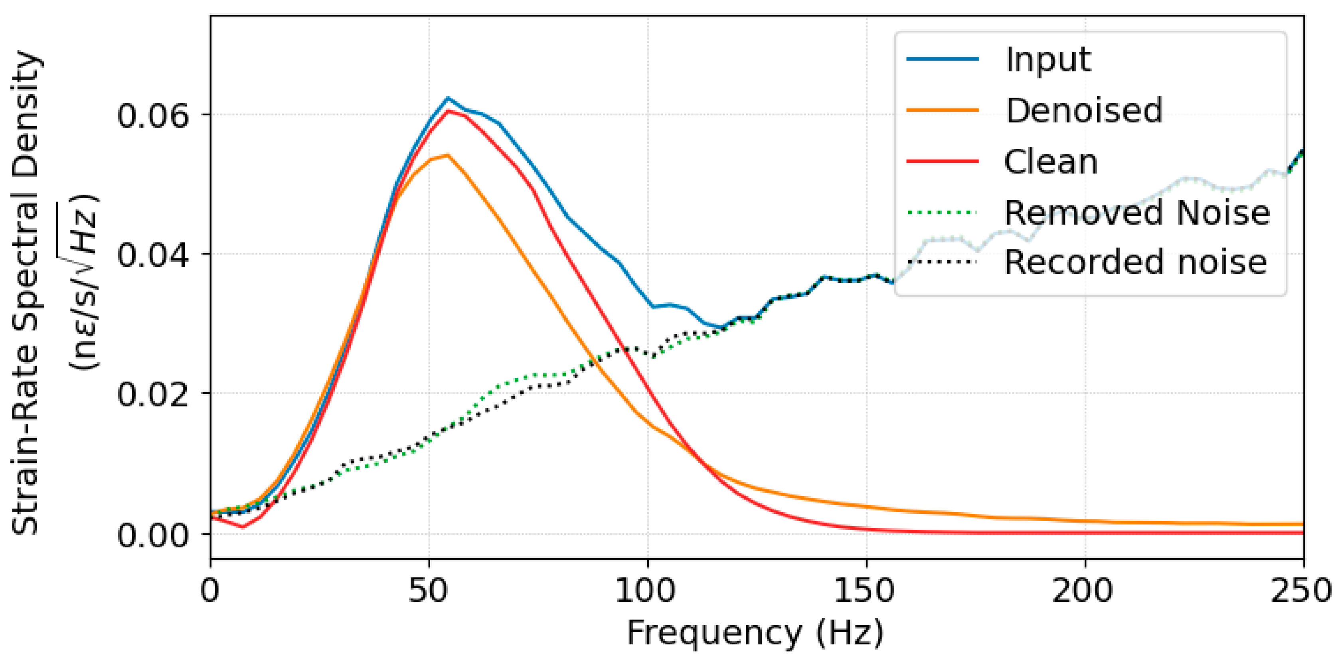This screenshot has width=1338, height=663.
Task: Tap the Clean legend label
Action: tap(1051, 162)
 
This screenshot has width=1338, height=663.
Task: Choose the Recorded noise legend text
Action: tap(1135, 262)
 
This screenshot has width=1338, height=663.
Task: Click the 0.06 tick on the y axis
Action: tap(152, 115)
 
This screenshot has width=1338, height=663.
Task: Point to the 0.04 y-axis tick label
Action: tap(152, 255)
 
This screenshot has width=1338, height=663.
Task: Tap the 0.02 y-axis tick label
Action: tap(152, 394)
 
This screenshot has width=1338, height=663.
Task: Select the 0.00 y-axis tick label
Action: tap(152, 535)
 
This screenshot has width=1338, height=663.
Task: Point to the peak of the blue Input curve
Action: tap(448, 98)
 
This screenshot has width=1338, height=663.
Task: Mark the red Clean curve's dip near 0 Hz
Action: tap(243, 527)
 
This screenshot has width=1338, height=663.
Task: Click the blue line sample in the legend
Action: tap(942, 59)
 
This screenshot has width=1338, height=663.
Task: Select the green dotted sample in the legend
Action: tap(942, 212)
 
